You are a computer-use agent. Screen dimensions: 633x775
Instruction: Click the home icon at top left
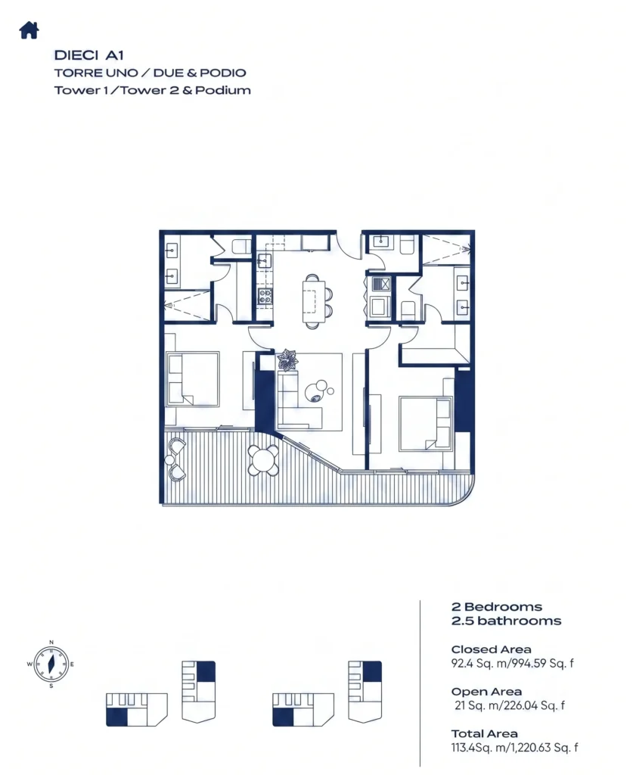pyautogui.click(x=29, y=30)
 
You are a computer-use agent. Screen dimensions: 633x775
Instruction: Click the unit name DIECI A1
pyautogui.click(x=89, y=54)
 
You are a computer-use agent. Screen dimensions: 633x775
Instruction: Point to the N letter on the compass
pyautogui.click(x=51, y=643)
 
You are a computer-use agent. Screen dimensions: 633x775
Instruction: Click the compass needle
pyautogui.click(x=51, y=665)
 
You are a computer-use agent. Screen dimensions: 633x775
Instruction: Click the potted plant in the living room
pyautogui.click(x=287, y=359)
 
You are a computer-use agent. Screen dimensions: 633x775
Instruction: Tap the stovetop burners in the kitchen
pyautogui.click(x=265, y=297)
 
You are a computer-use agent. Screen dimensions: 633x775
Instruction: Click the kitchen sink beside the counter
pyautogui.click(x=264, y=260)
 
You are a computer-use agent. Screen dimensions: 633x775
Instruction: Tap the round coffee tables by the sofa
pyautogui.click(x=318, y=391)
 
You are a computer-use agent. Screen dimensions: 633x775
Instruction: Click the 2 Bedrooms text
pyautogui.click(x=497, y=607)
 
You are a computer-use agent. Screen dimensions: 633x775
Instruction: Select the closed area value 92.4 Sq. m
pyautogui.click(x=479, y=663)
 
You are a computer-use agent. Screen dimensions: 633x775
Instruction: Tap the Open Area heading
pyautogui.click(x=486, y=692)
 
